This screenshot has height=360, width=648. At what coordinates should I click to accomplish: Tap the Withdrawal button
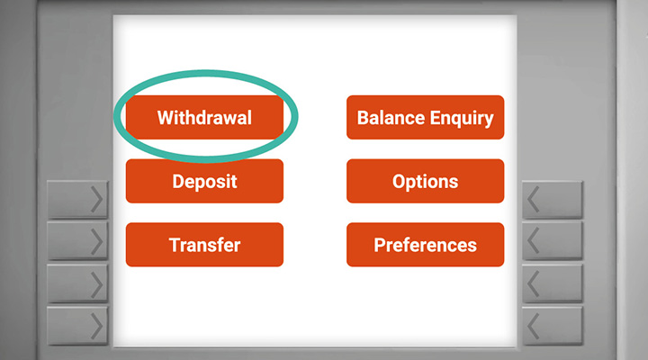[204, 117]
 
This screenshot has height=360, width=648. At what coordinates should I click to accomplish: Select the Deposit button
[204, 181]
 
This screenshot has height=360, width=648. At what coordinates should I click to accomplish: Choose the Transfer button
[204, 245]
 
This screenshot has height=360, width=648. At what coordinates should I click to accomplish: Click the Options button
[425, 181]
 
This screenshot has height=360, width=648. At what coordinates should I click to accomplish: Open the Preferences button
[425, 245]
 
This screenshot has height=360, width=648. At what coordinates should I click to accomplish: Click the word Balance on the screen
[391, 118]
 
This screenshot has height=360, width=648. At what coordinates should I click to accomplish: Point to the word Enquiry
[462, 119]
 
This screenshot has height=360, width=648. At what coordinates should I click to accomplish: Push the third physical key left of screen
[77, 283]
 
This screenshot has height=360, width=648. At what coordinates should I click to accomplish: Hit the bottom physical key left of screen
[77, 326]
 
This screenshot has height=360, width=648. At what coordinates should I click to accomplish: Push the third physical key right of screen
[553, 283]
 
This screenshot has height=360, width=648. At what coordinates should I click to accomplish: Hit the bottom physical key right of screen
[553, 326]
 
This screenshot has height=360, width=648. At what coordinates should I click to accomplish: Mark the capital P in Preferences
[380, 245]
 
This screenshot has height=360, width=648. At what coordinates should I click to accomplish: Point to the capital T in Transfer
[175, 245]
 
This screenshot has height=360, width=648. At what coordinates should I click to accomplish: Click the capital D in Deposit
[178, 182]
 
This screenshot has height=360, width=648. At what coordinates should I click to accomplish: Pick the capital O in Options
[399, 182]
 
